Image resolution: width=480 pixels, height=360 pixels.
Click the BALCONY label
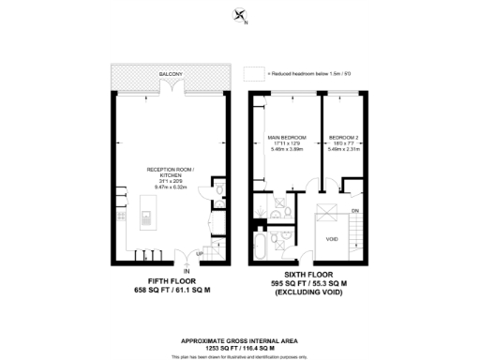[170, 73]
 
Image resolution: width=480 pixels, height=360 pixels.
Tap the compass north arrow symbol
[241, 15]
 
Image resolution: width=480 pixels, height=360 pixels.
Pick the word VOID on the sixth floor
[331, 238]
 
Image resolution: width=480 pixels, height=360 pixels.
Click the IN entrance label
[187, 271]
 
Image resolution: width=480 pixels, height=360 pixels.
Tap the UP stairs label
[200, 255]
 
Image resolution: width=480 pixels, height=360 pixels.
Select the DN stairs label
[355, 211]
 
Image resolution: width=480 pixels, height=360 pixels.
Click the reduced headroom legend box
[250, 73]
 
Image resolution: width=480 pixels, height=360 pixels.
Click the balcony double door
[169, 87]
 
